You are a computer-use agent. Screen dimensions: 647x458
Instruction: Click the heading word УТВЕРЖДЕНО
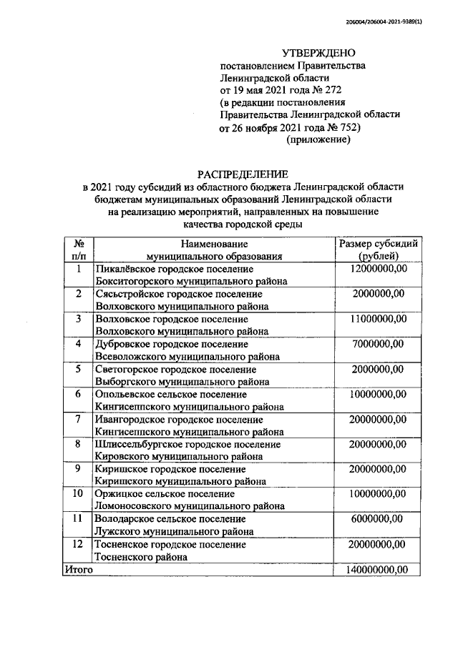[318, 52]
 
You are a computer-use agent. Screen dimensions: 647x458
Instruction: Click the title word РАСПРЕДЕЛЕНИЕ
[243, 174]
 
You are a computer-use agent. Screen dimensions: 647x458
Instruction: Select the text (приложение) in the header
[318, 140]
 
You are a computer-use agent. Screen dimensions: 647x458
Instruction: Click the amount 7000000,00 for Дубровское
[378, 344]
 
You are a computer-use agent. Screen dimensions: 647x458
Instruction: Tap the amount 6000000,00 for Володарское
[378, 519]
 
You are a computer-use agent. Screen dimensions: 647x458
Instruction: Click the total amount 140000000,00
[376, 570]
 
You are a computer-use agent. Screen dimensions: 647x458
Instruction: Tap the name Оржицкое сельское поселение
[165, 494]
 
